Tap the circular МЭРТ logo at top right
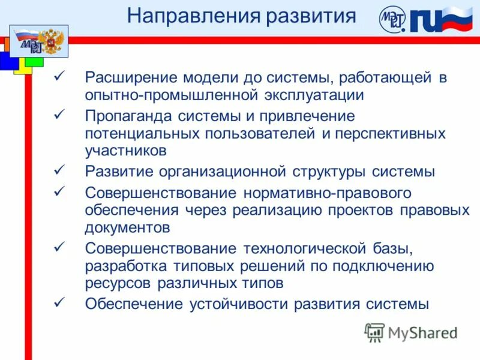[x=392, y=20]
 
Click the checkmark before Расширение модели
[x=59, y=77]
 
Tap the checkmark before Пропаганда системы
[x=59, y=115]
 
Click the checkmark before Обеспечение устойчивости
[x=59, y=303]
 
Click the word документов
[x=128, y=228]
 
